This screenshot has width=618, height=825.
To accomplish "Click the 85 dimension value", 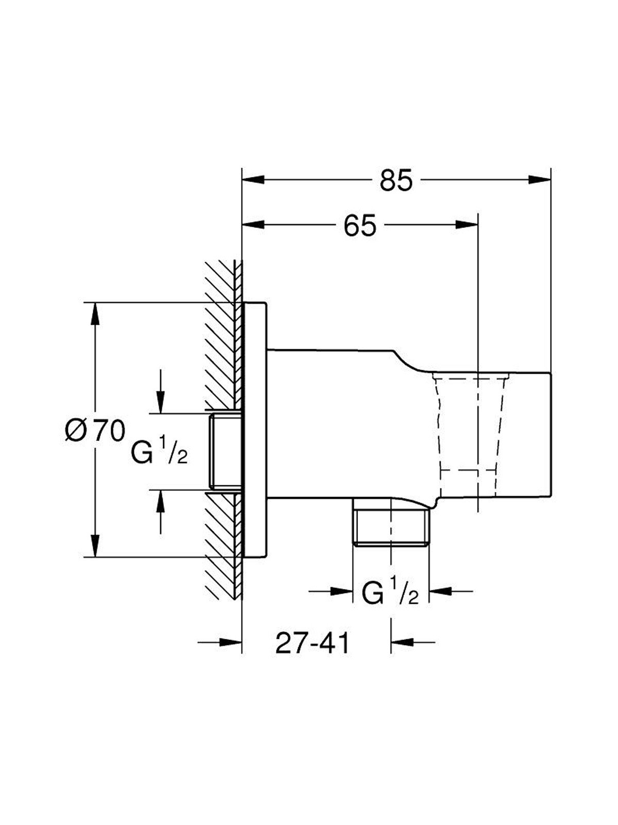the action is (396, 180).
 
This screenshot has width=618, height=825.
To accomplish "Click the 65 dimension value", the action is (360, 225).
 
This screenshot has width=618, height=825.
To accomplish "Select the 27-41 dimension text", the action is (312, 642).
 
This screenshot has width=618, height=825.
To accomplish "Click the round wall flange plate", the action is (255, 431).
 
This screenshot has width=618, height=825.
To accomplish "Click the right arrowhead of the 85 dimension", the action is (539, 179).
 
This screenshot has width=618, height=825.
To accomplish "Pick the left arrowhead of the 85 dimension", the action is (254, 179).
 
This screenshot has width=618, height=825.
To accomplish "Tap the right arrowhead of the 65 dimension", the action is (467, 225).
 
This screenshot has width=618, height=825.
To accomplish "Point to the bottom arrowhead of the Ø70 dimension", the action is (96, 546).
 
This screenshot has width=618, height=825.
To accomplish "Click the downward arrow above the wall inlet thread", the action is (161, 391).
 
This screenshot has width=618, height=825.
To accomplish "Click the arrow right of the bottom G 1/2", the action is (451, 591).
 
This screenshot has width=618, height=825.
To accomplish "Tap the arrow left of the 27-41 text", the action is (220, 642).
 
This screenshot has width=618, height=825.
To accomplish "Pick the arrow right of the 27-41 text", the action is (413, 642).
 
